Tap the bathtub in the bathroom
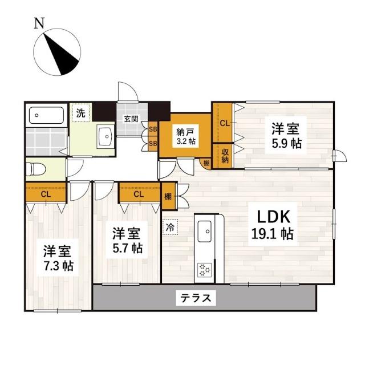pyautogui.click(x=47, y=115)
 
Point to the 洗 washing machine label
pyautogui.click(x=81, y=113)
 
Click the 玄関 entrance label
pyautogui.click(x=131, y=119)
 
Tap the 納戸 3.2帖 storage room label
pyautogui.click(x=185, y=136)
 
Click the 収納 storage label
pyautogui.click(x=225, y=155)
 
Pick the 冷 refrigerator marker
pyautogui.click(x=170, y=226)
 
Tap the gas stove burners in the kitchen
pyautogui.click(x=204, y=270)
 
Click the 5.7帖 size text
pyautogui.click(x=127, y=249)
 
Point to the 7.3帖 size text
pyautogui.click(x=57, y=266)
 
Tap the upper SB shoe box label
pyautogui.click(x=152, y=129)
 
